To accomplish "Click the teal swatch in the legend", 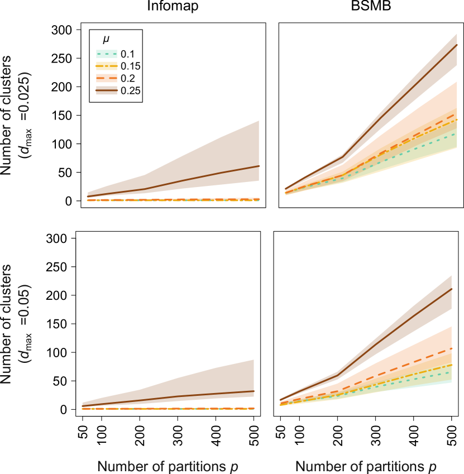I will tap(107, 54).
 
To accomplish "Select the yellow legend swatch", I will tap(107, 66).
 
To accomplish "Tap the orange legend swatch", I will tap(107, 78).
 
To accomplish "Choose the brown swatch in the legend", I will tap(107, 90).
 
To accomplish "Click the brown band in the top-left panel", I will tap(212, 162).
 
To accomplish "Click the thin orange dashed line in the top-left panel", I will tap(168, 200).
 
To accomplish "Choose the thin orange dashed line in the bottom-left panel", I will tap(168, 408).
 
